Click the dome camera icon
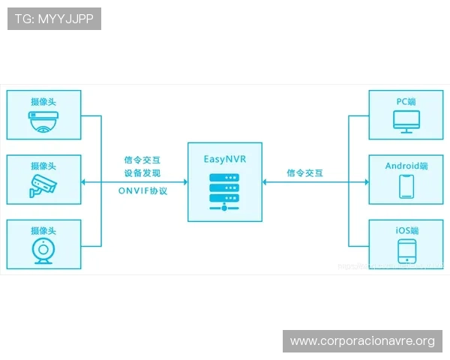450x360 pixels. (x=43, y=121)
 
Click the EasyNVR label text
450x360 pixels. (x=225, y=159)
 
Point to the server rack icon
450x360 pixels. (x=225, y=191)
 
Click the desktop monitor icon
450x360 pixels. (x=406, y=121)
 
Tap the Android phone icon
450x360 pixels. (x=406, y=186)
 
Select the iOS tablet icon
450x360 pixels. (x=406, y=250)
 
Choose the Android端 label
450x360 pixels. (x=406, y=166)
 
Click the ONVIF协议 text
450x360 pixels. (x=142, y=191)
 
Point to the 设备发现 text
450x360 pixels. (x=142, y=173)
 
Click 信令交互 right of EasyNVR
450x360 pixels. (x=304, y=173)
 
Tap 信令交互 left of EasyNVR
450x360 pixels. (x=142, y=160)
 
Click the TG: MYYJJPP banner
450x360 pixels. (x=54, y=19)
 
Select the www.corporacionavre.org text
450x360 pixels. (x=362, y=341)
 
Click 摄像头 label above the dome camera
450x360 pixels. (x=43, y=101)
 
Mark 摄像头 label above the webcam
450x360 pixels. (x=43, y=230)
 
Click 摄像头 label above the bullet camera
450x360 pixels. (x=43, y=166)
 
